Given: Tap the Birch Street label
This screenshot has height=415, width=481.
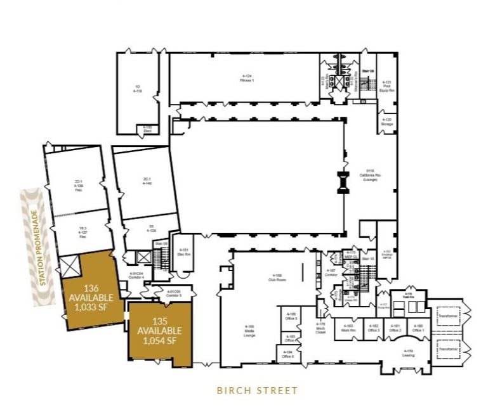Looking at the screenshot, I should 257,390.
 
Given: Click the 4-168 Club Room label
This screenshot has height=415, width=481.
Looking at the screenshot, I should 275,277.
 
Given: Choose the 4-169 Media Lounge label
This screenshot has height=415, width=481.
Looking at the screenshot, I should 249,329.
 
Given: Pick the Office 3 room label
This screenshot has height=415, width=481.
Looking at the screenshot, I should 374,329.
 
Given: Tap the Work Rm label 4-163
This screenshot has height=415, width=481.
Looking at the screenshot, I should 347,329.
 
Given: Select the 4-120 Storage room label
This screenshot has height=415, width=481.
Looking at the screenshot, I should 386,122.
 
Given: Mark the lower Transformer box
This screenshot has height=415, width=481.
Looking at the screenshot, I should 447,348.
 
